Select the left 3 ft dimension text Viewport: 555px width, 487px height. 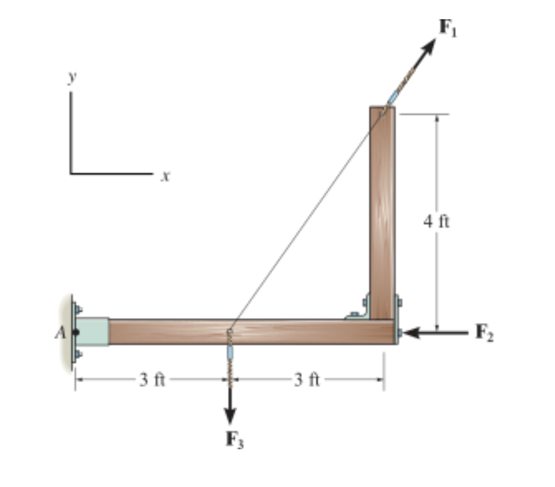(x=152, y=380)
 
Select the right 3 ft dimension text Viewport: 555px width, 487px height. (x=307, y=380)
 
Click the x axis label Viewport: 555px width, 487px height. (x=165, y=177)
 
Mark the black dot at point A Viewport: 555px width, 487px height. (x=76, y=332)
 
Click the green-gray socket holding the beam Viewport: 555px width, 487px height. (x=94, y=332)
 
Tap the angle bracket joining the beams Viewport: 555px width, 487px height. (x=359, y=311)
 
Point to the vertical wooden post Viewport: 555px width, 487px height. (x=382, y=212)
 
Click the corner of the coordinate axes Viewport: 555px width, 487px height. (x=70, y=174)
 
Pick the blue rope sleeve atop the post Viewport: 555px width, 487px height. (x=394, y=96)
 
